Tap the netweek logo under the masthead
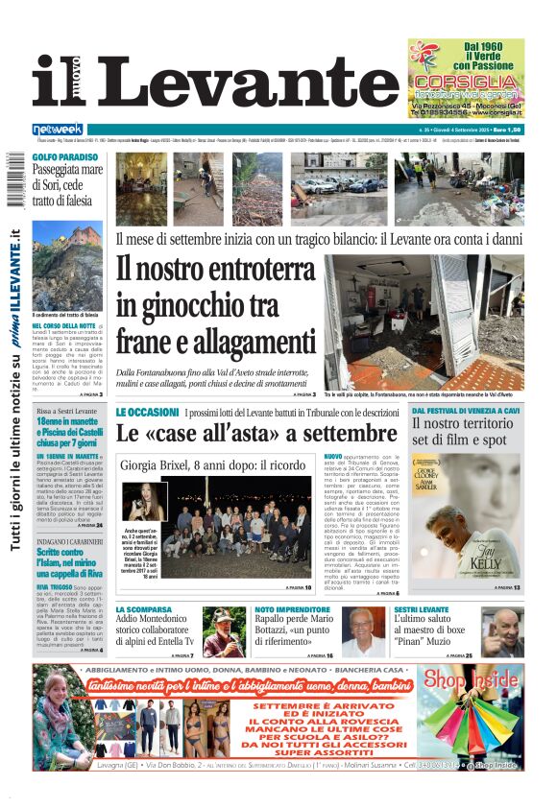pyautogui.click(x=58, y=129)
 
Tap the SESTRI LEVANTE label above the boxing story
pyautogui.click(x=422, y=609)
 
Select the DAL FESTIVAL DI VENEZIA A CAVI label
pyautogui.click(x=467, y=409)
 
